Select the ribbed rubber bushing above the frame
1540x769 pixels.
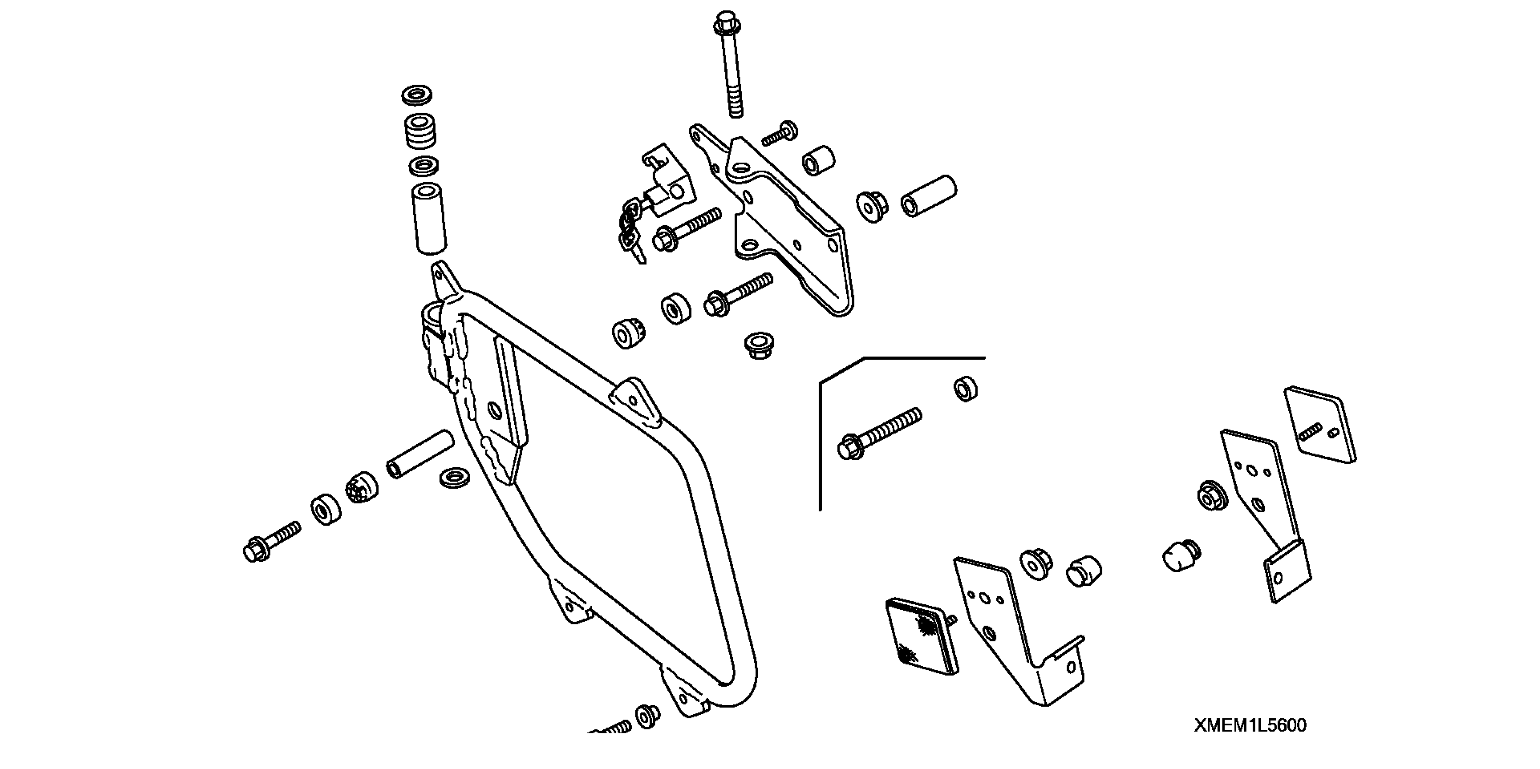click(420, 132)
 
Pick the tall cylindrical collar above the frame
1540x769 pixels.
click(429, 218)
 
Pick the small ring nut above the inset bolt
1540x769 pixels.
click(965, 389)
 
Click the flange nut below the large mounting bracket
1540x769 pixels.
click(758, 345)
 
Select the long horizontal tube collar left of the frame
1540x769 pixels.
click(420, 454)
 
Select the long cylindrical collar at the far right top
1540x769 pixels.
click(929, 195)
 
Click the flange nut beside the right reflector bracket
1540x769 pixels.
click(1212, 495)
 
